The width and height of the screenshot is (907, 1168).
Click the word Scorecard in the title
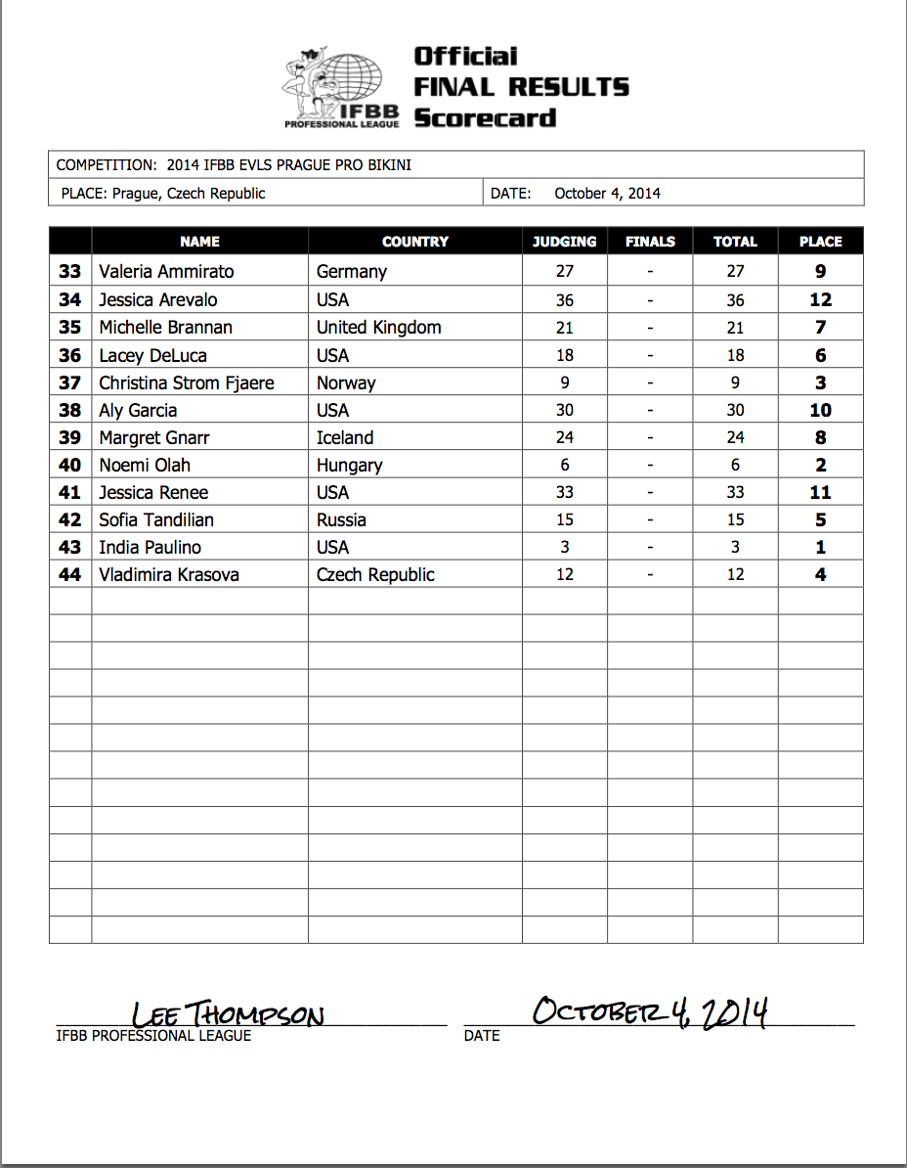[485, 118]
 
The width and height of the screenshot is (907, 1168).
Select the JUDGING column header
[564, 242]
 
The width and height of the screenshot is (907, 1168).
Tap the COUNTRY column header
[415, 242]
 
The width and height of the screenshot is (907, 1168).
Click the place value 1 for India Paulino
[820, 548]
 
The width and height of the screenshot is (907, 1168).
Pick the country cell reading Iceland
[345, 438]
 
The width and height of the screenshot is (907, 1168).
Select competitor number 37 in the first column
[69, 382]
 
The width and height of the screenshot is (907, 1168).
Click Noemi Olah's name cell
[145, 466]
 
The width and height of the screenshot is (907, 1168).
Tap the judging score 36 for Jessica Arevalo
[564, 300]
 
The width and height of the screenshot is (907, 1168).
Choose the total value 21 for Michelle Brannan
[735, 328]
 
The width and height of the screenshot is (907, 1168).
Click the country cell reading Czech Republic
[375, 575]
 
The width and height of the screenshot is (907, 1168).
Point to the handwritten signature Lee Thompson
[227, 1014]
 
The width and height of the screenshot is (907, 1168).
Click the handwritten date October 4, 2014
[649, 1011]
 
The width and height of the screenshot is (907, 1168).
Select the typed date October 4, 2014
[607, 194]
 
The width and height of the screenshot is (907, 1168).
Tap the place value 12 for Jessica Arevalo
[820, 300]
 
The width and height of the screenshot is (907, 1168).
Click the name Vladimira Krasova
[169, 575]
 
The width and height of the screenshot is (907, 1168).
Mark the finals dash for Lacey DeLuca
[650, 355]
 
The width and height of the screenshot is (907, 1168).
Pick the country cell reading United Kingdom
[378, 328]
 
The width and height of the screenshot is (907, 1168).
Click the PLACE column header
[820, 242]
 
